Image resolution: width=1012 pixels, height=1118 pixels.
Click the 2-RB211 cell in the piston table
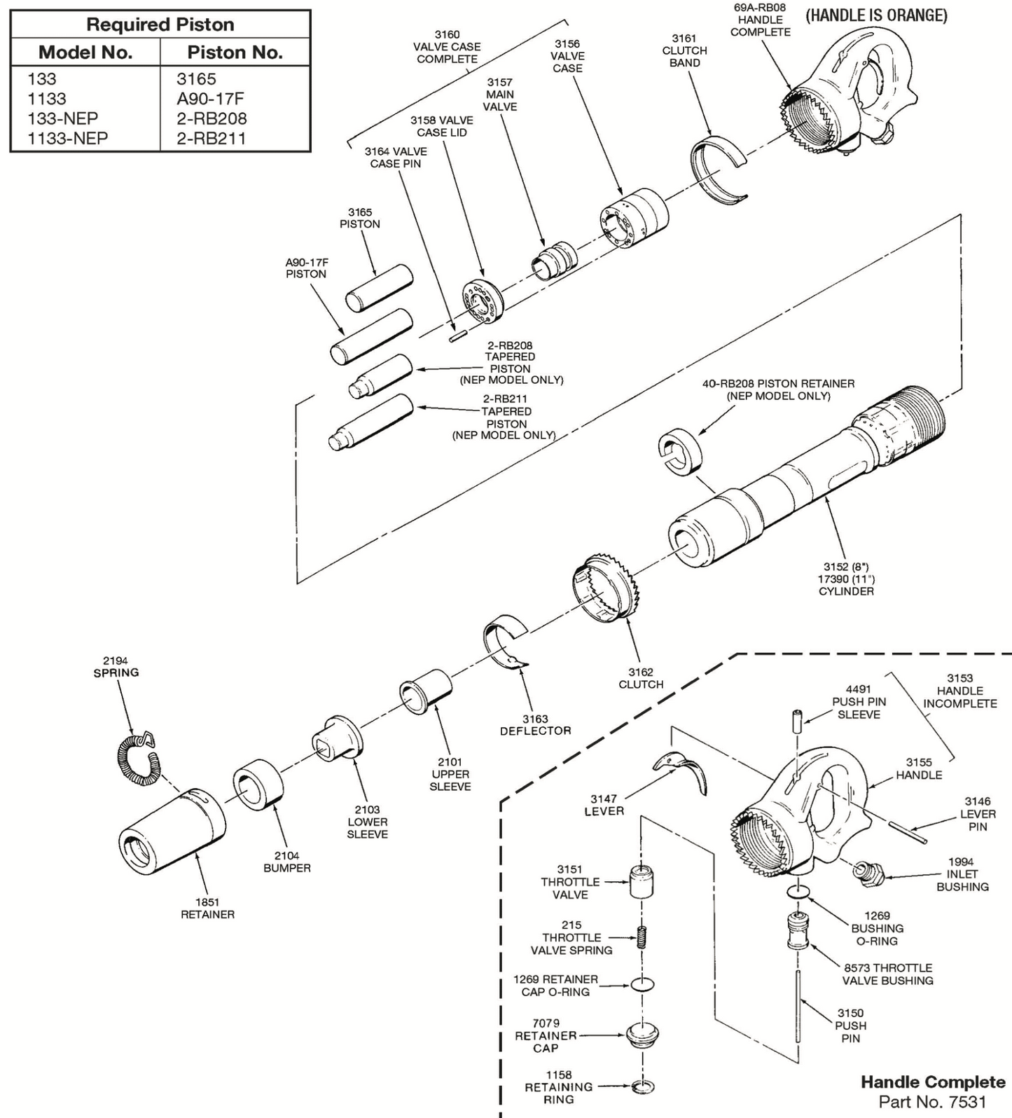pos(212,138)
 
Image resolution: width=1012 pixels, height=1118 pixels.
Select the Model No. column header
pos(85,53)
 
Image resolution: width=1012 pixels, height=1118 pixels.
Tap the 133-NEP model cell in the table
pos(62,118)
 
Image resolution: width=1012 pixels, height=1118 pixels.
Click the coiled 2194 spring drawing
pos(137,759)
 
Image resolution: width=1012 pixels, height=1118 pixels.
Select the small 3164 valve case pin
pos(459,336)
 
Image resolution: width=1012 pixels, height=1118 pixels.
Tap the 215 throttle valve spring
pos(641,937)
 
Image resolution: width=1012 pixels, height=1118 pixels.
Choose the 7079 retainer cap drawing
pos(643,1035)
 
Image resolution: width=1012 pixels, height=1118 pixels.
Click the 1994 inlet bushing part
pos(866,871)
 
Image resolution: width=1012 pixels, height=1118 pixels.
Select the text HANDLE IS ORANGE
pos(876,15)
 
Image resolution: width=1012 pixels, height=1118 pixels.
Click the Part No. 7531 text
pos(931,1101)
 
